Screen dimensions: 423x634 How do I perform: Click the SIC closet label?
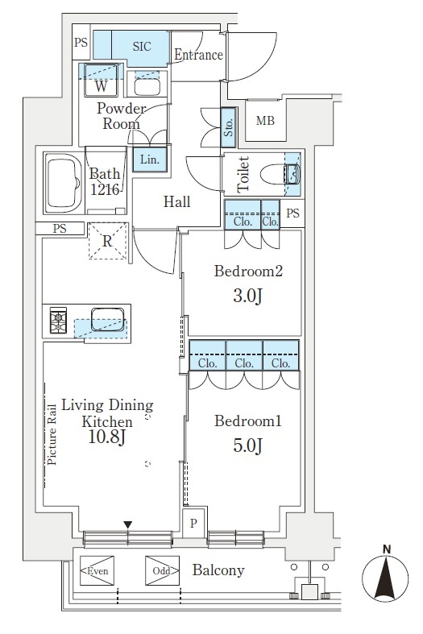142,47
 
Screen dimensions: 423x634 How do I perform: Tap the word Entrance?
198,55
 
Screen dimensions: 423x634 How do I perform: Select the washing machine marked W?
101,80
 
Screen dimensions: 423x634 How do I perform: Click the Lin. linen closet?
150,159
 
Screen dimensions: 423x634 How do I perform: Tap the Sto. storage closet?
229,127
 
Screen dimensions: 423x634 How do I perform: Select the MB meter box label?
265,121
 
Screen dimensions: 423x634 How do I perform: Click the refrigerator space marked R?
107,241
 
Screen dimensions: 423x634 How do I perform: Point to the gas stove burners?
58,321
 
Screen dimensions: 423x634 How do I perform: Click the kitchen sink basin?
108,320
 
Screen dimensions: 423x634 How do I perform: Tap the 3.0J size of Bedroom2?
247,296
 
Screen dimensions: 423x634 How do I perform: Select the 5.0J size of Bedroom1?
247,445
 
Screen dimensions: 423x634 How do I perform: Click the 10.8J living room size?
107,437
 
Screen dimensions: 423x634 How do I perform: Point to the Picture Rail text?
52,435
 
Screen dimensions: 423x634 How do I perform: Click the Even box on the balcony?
97,570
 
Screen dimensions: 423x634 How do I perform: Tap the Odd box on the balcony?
162,570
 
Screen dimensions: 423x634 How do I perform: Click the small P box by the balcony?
193,523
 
